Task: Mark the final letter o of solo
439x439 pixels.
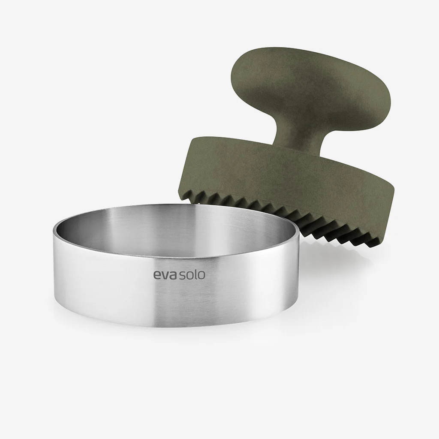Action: tap(201, 275)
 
